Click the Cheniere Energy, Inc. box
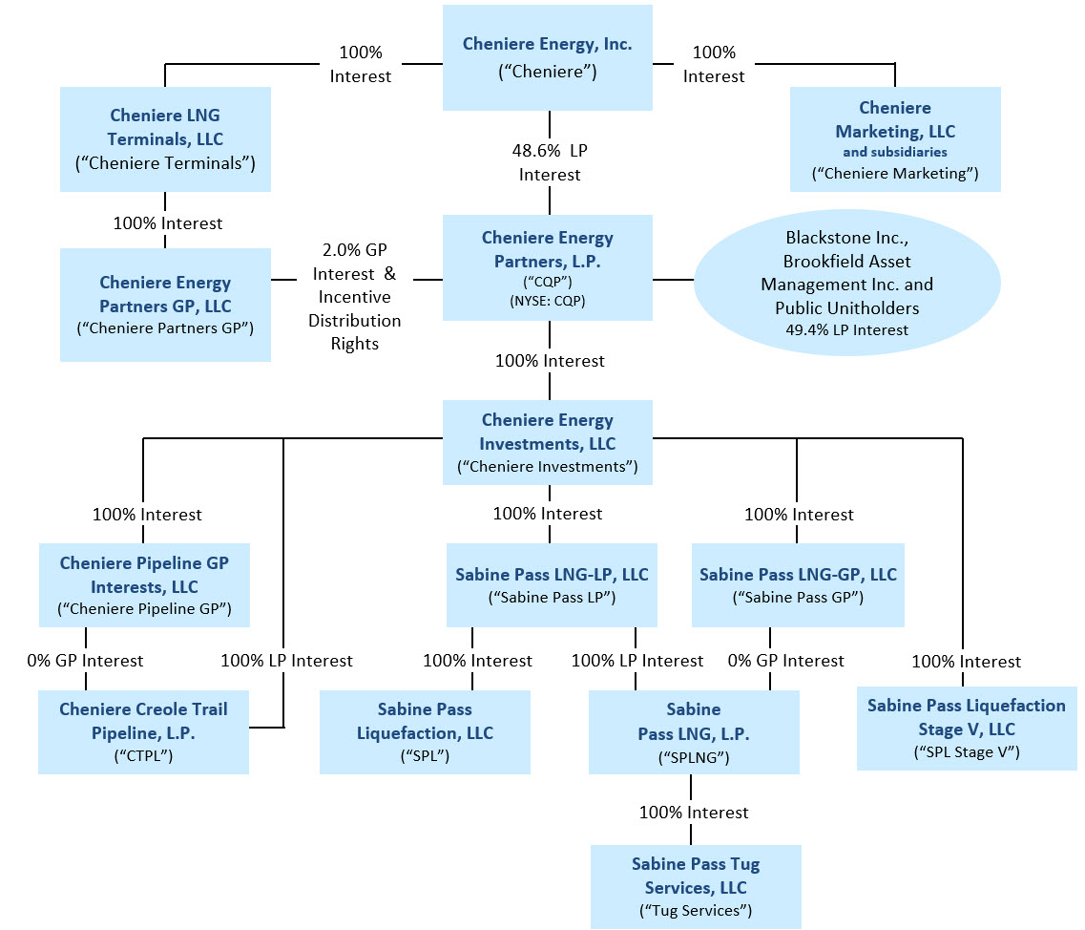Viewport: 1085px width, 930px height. coord(547,57)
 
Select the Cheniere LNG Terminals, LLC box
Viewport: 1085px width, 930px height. coord(164,139)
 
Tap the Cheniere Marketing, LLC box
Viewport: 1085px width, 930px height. coord(894,139)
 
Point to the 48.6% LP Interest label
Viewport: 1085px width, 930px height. coord(550,163)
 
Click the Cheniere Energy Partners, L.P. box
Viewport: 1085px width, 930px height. coord(547,267)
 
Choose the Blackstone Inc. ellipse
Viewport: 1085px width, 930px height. coord(846,284)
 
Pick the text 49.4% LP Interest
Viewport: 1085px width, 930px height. coord(846,330)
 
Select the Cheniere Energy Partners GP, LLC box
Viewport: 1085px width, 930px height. coord(164,305)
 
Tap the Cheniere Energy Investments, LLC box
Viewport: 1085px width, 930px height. coord(547,443)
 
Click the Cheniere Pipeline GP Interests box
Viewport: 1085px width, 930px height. coord(144,585)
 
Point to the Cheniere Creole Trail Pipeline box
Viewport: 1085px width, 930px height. coord(143,732)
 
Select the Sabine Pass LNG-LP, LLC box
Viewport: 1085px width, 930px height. coord(552,585)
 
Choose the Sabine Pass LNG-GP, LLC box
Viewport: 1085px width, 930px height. coord(798,585)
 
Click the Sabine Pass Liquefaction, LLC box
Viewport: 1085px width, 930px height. coord(425,732)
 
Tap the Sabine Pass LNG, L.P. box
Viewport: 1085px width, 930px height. coord(693,732)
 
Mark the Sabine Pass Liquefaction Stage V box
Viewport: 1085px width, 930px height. coord(966,728)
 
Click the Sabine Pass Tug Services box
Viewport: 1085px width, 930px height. coord(695,886)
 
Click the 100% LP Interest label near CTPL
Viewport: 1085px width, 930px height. coord(286,661)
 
